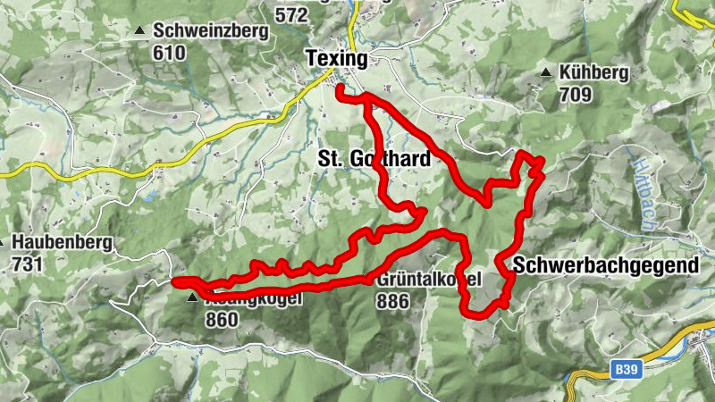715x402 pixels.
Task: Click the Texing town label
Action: coord(336,59)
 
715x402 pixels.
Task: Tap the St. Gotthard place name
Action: coord(374,159)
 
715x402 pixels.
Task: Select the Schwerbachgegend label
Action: coord(605,265)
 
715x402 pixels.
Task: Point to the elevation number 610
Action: coord(169,53)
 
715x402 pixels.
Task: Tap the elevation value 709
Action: coord(577,93)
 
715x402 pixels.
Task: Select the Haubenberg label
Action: coord(62,242)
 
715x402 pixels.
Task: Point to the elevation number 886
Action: coord(394,302)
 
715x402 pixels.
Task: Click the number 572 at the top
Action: coord(291,14)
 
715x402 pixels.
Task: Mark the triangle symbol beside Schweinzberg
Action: coord(139,31)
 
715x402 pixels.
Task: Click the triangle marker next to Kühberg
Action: coord(545,72)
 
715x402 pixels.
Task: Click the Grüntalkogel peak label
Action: coord(429,281)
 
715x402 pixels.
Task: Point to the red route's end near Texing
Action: coord(340,88)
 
